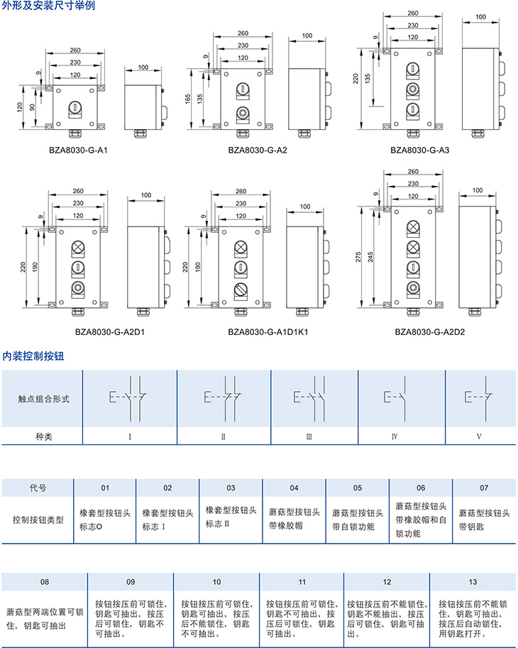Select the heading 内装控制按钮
(x=33, y=356)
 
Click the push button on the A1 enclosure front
(x=74, y=109)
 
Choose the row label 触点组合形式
(x=44, y=399)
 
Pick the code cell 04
(x=294, y=488)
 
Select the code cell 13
(x=473, y=582)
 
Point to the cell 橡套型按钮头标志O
(x=105, y=519)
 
